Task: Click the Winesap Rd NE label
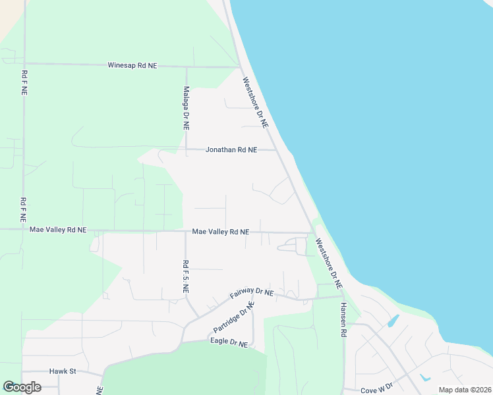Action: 132,66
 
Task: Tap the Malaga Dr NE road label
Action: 187,107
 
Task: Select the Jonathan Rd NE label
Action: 231,150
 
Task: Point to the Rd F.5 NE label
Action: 186,276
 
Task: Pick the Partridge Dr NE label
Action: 233,319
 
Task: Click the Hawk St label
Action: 63,371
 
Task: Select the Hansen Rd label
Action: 343,321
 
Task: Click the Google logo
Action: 22,387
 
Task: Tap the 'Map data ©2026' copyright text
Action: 464,390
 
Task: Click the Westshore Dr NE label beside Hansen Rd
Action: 328,263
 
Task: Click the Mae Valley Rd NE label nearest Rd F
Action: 58,230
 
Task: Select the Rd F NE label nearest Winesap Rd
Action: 24,84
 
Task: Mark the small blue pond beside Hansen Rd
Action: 393,321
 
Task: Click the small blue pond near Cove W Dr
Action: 424,378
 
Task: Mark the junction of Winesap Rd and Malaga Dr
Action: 187,66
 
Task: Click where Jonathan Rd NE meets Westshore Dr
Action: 276,150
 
